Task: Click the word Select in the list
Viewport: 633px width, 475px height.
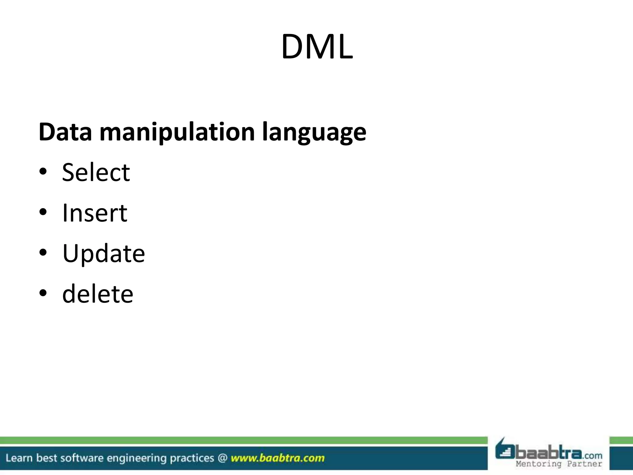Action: click(96, 173)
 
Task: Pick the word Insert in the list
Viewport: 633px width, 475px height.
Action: click(95, 213)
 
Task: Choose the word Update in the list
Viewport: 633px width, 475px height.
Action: click(104, 254)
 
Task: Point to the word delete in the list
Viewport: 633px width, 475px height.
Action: click(98, 294)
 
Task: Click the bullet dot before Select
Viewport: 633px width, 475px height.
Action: click(43, 172)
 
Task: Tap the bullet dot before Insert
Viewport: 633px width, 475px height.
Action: click(43, 212)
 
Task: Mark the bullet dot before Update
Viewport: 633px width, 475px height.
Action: click(43, 252)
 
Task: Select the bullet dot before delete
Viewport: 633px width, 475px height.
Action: click(43, 293)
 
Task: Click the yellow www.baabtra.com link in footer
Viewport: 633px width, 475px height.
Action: click(278, 458)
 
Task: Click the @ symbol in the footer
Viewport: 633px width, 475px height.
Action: click(223, 458)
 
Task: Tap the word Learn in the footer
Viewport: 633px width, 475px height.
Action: click(19, 458)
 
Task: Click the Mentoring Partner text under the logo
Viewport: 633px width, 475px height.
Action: click(559, 464)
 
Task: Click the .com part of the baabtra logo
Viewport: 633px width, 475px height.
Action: click(592, 456)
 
